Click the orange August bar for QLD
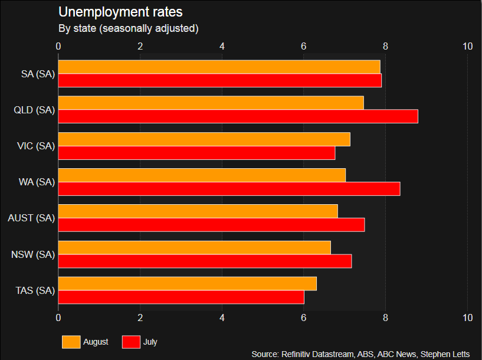[x=211, y=103]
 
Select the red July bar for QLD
[x=238, y=116]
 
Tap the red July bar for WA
[x=229, y=189]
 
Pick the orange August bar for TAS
[x=187, y=283]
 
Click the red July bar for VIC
[x=196, y=153]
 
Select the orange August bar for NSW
[x=194, y=247]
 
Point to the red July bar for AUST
[x=211, y=225]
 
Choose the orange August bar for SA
[x=219, y=67]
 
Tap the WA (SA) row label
[x=37, y=182]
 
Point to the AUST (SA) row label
[x=31, y=218]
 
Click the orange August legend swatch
[x=71, y=342]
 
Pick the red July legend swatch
[x=131, y=342]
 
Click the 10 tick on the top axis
[x=468, y=46]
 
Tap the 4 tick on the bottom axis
[x=222, y=318]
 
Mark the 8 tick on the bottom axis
[x=386, y=318]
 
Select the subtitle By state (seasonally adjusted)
[x=128, y=28]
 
